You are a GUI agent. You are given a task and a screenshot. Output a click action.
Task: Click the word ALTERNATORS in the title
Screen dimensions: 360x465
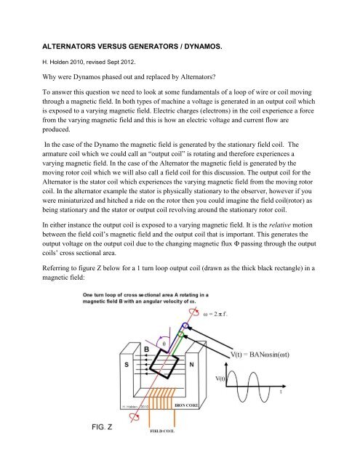pos(69,46)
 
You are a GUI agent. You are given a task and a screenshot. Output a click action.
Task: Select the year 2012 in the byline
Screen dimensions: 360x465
pos(127,62)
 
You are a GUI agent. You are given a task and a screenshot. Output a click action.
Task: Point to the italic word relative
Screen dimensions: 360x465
pos(279,225)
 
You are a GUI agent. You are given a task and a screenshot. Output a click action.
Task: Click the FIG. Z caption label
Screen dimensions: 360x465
pos(102,427)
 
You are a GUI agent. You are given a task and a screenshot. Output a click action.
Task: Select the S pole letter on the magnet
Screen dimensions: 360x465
pos(127,364)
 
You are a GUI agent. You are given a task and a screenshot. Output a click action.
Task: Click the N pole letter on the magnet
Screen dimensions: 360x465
pos(191,365)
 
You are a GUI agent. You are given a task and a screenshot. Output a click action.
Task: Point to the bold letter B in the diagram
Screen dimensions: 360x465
pos(146,349)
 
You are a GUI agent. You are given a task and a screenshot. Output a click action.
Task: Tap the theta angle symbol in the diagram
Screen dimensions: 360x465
pos(164,344)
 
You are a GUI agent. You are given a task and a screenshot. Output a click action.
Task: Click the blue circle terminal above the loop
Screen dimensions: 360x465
pos(185,326)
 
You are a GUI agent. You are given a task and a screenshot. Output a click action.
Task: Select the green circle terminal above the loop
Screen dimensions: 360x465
pos(181,335)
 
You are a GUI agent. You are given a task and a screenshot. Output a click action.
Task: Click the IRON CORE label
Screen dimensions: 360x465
pos(186,405)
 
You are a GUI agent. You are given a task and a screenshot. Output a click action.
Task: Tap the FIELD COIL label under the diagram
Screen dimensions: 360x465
pos(162,431)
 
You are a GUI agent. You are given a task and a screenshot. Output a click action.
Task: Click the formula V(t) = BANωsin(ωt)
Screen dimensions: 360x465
pos(260,355)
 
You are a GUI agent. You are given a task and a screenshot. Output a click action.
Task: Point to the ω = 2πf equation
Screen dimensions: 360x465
pos(215,314)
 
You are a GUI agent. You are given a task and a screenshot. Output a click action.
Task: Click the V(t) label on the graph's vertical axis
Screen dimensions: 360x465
pos(220,379)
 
